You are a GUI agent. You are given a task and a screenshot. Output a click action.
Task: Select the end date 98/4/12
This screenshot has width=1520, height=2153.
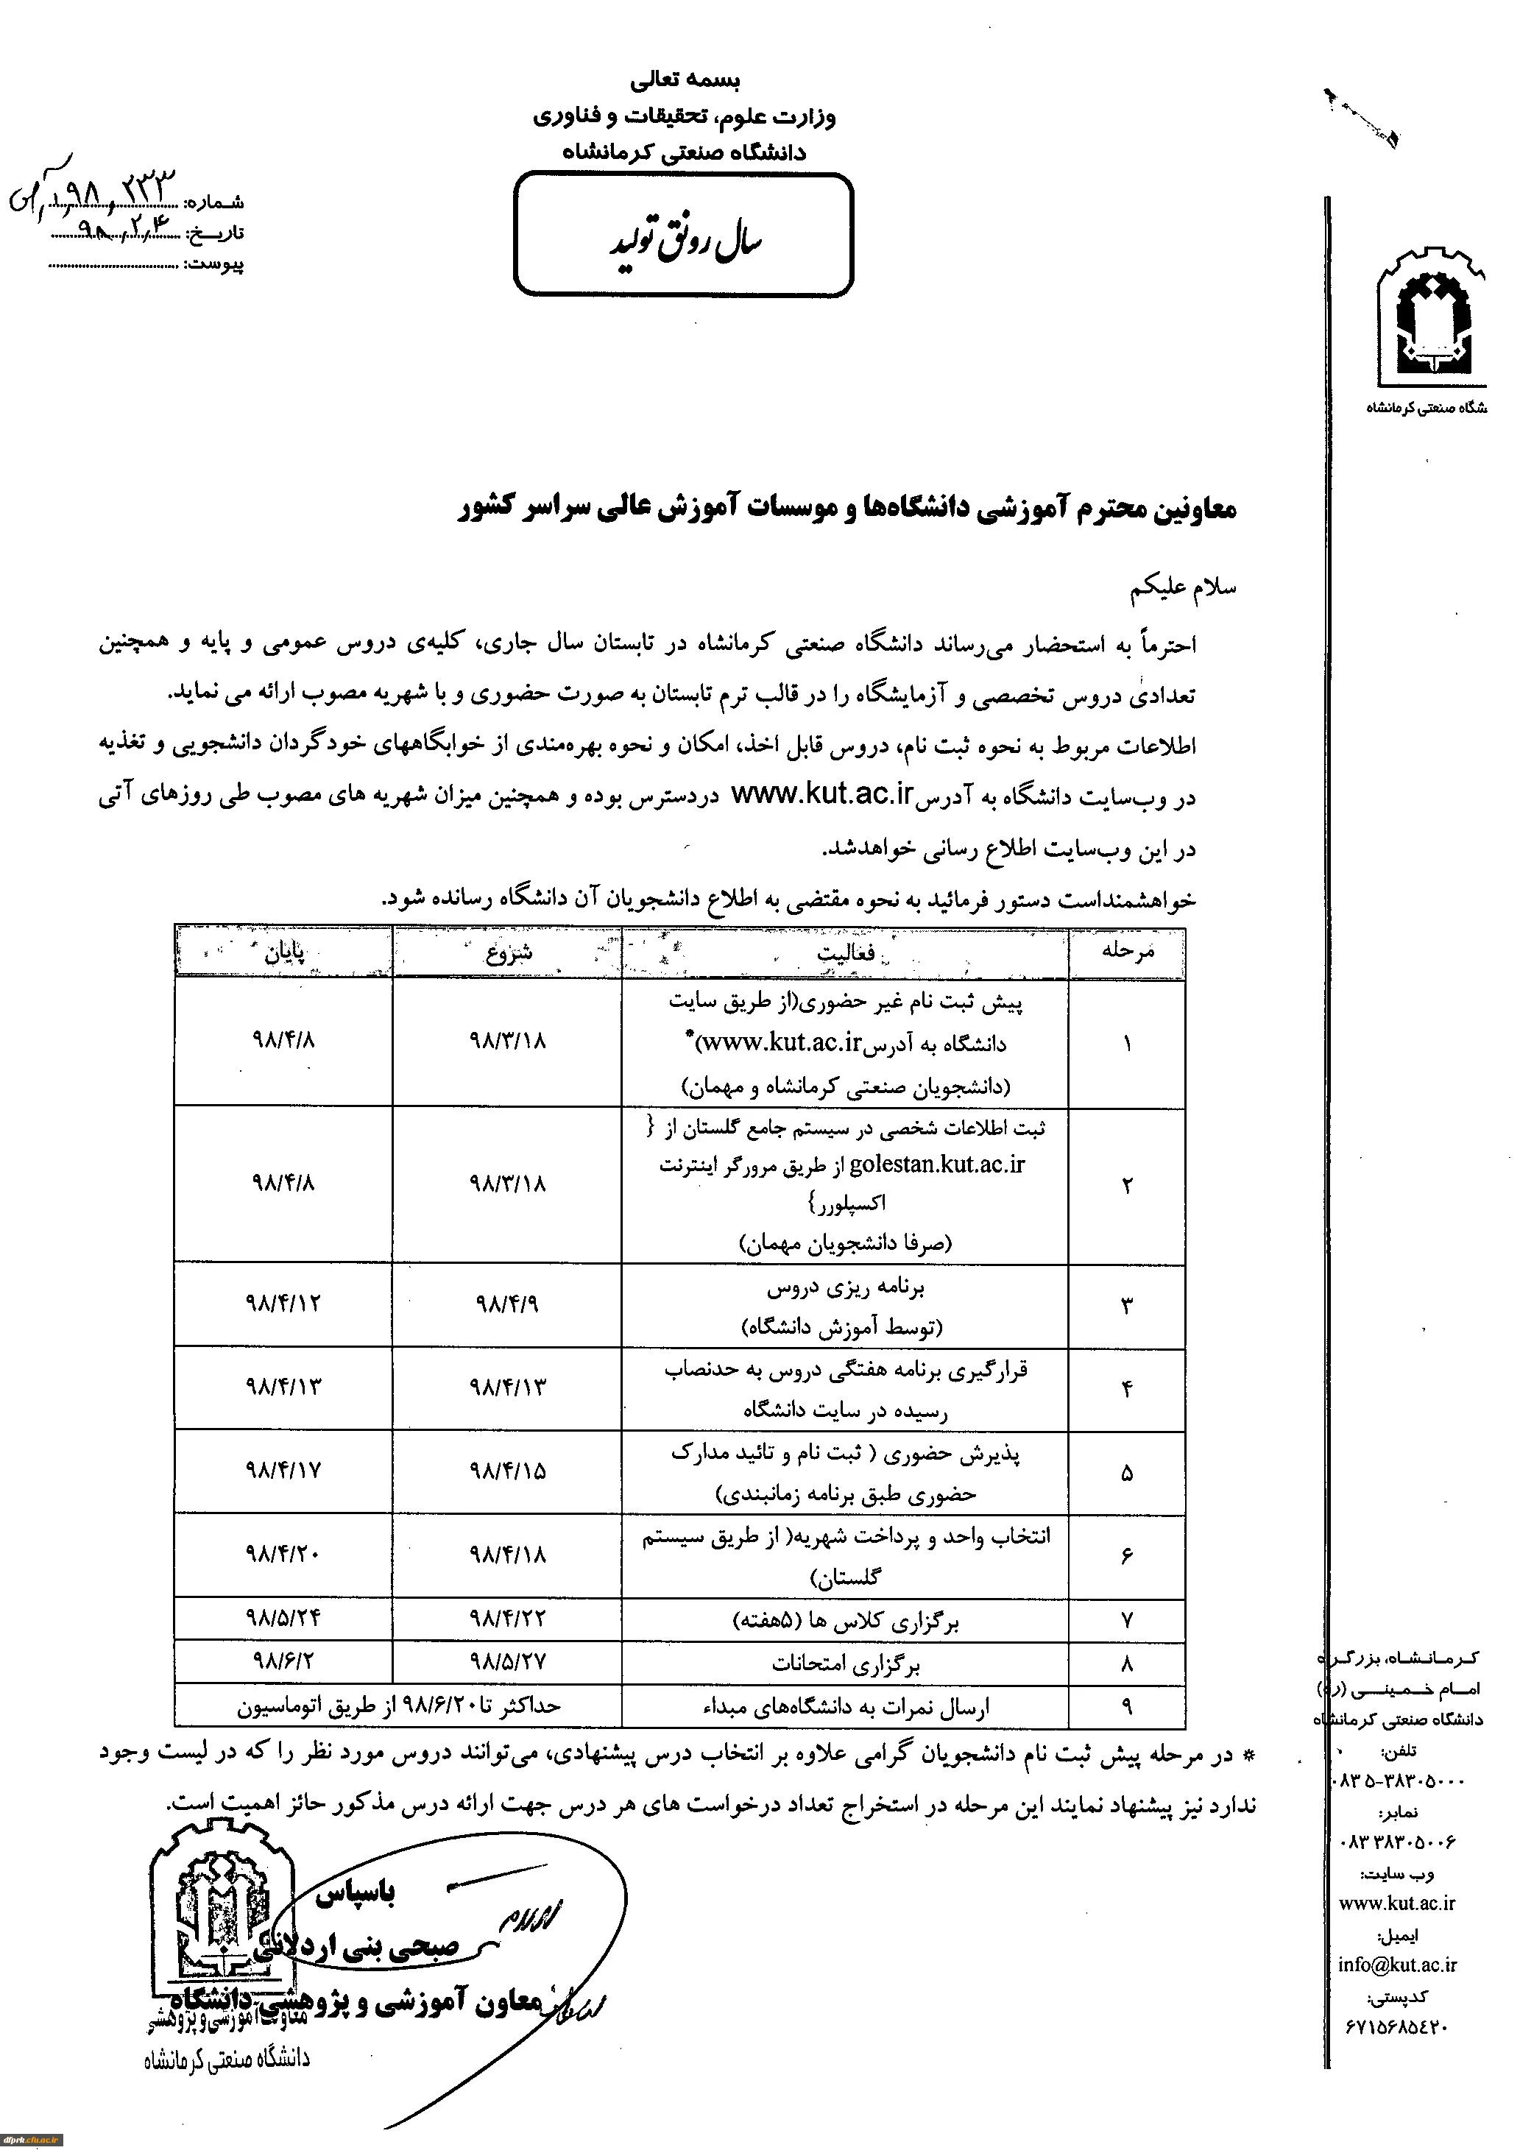click(283, 1304)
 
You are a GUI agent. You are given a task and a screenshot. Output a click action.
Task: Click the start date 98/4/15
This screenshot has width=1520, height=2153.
click(507, 1471)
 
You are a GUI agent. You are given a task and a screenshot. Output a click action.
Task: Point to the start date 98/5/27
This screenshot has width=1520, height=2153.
click(507, 1661)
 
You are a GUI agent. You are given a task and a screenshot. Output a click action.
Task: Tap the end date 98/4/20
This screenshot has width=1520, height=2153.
click(283, 1554)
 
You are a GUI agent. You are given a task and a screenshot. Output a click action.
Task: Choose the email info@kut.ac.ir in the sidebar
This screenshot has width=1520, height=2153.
click(1397, 1965)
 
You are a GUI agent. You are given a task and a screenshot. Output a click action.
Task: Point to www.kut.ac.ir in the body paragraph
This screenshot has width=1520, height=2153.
click(821, 796)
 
